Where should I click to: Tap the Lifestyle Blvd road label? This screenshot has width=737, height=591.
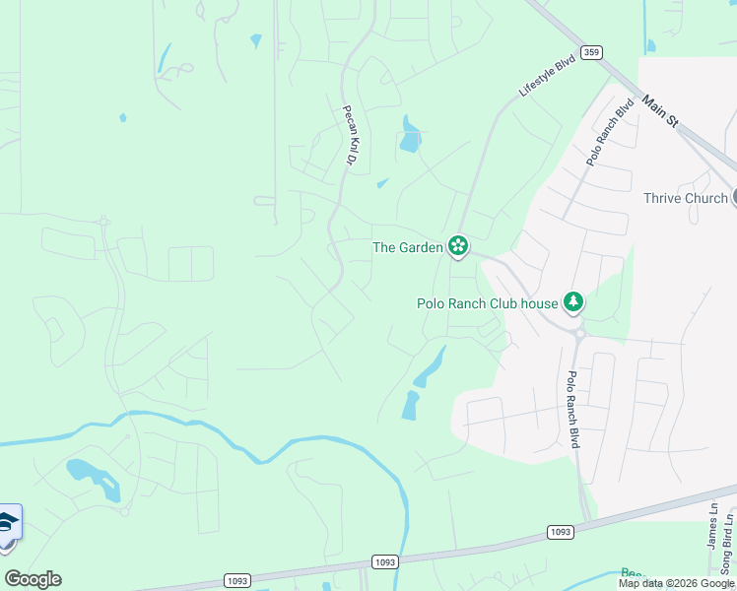pos(546,76)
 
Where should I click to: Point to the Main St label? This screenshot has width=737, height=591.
pos(660,111)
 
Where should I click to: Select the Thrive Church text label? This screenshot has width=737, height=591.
pos(686,198)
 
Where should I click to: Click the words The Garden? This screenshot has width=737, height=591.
pos(407,247)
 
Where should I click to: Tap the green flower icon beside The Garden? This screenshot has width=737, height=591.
pos(457,246)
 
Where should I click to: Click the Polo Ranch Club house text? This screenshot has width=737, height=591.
pos(487,303)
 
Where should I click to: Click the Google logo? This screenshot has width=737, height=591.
pos(33,579)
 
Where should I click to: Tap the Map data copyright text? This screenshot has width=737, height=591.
pos(677,583)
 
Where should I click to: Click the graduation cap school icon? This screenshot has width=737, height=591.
pos(8,522)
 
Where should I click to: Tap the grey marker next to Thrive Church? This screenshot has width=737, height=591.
pos(734,198)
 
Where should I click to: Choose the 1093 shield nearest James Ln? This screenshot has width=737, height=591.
pos(560,532)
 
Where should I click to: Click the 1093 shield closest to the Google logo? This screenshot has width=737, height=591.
pos(237,580)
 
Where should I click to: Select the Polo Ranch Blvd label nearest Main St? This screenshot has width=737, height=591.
pos(596,131)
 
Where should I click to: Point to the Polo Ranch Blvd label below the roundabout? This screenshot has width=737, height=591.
pos(572,409)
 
